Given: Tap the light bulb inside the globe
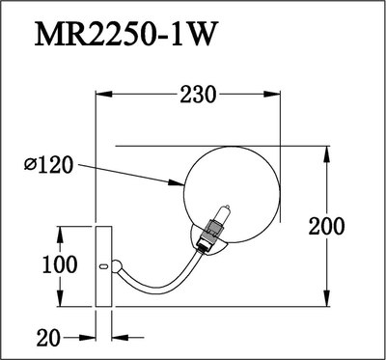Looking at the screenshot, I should point(219,216).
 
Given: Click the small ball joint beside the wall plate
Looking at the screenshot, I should point(117,266).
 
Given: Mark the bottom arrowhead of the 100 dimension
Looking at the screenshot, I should point(61,302).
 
